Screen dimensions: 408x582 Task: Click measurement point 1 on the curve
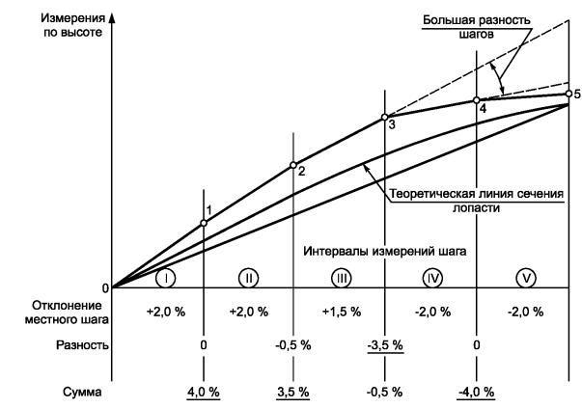click(204, 223)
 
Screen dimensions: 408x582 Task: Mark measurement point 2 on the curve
click(293, 165)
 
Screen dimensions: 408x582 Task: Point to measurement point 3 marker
click(385, 117)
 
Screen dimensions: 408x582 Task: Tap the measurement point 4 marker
click(477, 100)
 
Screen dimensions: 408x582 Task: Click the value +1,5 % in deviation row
click(341, 313)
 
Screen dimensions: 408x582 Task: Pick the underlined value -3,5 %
click(385, 343)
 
